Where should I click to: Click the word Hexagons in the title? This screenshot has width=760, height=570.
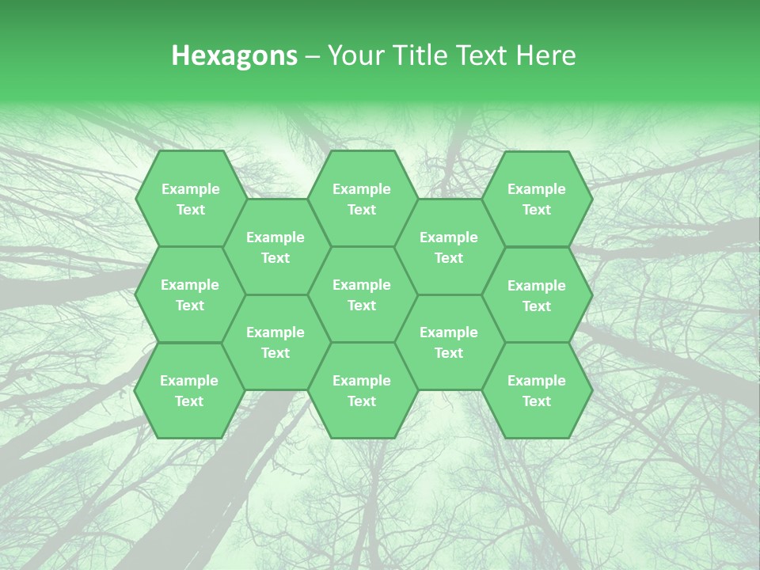click(x=234, y=55)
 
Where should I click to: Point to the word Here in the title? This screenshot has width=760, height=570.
click(x=546, y=55)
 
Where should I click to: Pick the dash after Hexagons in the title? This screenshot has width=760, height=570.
click(x=313, y=56)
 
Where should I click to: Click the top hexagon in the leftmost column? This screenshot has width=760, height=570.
click(x=190, y=199)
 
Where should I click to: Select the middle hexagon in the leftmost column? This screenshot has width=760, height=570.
click(x=190, y=294)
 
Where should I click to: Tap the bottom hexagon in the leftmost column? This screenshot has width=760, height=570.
click(x=189, y=390)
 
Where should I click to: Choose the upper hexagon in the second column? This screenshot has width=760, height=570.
click(x=275, y=247)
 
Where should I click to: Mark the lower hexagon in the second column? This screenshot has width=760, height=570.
click(x=275, y=342)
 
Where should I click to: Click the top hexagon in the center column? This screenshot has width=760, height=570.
click(x=362, y=199)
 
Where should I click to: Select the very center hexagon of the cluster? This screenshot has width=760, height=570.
click(x=362, y=294)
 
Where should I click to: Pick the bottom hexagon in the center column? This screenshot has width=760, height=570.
click(x=362, y=390)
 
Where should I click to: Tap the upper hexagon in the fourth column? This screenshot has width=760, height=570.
click(x=449, y=247)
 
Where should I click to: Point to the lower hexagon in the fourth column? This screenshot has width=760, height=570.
click(x=449, y=342)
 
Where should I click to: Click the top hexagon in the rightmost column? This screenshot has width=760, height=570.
click(x=537, y=199)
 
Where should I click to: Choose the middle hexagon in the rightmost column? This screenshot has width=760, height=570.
click(x=537, y=295)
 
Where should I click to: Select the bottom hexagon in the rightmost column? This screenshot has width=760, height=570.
click(x=537, y=390)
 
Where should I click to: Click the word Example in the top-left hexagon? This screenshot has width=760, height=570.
click(x=190, y=189)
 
